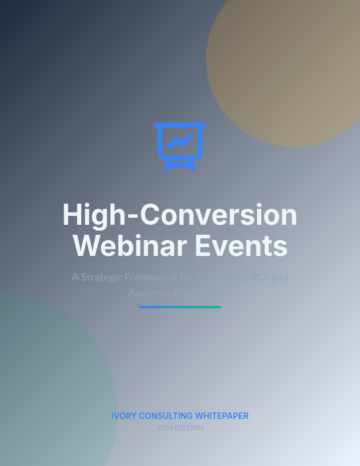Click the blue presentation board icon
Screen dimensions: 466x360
click(x=180, y=146)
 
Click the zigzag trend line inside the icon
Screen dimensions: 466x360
click(x=180, y=141)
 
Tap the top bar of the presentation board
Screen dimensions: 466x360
click(x=180, y=125)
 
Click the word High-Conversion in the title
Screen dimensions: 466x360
click(x=180, y=215)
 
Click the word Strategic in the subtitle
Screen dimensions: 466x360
click(x=104, y=277)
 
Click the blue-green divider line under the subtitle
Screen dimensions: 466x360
click(x=180, y=307)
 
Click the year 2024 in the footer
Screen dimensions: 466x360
click(x=165, y=428)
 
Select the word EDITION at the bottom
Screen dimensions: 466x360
click(x=189, y=428)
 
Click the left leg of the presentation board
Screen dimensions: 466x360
click(x=168, y=167)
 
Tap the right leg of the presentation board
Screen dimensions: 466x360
click(x=191, y=167)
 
